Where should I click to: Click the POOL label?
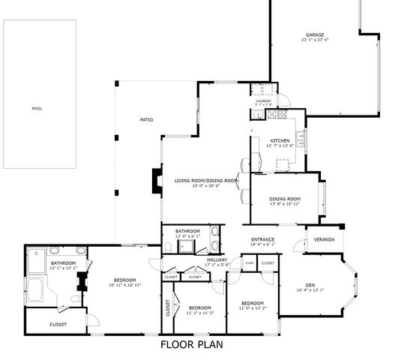tap(37, 109)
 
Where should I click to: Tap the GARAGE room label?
tap(315, 34)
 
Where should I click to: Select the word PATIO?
tap(147, 120)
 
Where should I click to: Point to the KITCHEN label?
tap(280, 140)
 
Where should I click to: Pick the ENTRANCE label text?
tap(263, 240)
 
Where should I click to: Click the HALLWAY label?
tap(217, 259)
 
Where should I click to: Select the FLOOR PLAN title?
tap(192, 346)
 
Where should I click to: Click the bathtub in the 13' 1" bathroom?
tap(37, 289)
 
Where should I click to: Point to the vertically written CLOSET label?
tap(168, 308)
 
